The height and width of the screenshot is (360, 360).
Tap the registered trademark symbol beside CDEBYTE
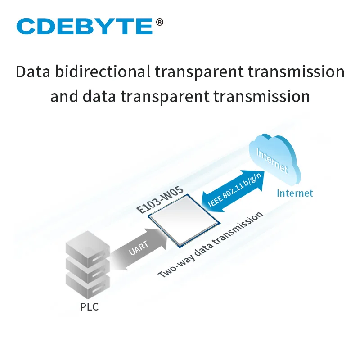coord(159,22)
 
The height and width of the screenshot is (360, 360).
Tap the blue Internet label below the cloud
coord(294,193)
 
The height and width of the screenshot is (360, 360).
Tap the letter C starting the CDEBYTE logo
coord(27,27)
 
